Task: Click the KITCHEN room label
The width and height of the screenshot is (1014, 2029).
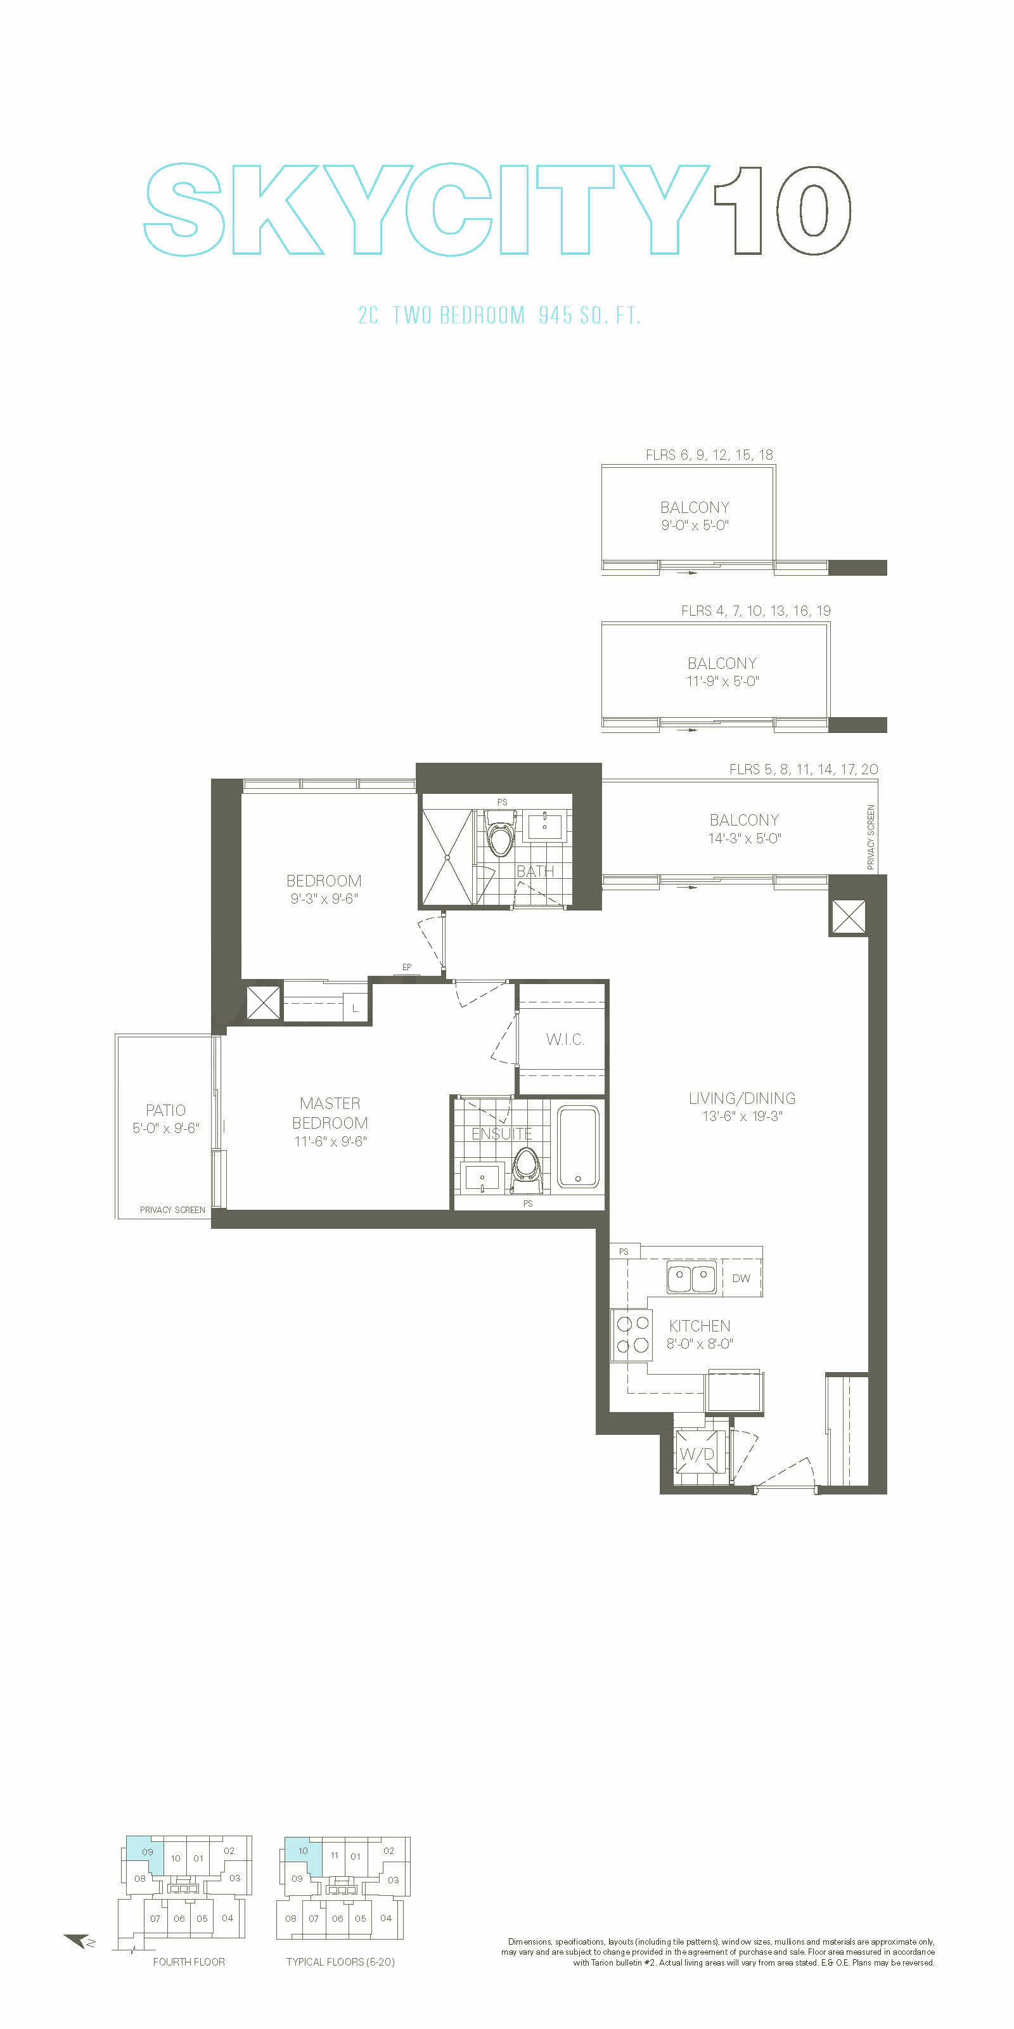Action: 699,1326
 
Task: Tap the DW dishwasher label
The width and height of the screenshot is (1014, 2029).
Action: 741,1278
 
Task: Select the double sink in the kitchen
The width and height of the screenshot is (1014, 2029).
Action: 692,1278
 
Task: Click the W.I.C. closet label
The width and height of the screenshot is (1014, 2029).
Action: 565,1039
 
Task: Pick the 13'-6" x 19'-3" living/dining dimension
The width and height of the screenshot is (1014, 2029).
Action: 742,1116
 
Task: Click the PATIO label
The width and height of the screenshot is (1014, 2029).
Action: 165,1110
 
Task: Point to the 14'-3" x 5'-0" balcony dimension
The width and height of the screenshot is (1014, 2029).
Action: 744,838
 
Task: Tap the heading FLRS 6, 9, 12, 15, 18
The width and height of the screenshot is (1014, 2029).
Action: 709,455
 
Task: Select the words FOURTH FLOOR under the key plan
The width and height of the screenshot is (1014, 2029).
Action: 189,1962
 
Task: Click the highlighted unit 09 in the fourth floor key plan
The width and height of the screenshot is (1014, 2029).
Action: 147,1851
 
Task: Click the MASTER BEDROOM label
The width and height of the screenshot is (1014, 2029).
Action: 330,1113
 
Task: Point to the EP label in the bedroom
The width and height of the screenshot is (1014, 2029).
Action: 407,967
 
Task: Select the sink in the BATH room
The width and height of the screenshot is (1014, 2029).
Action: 545,828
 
